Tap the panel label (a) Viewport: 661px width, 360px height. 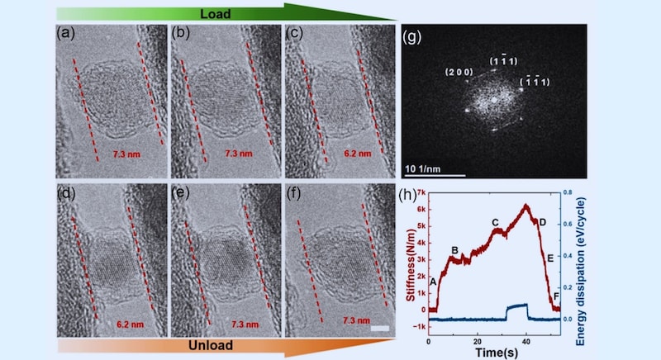point(68,35)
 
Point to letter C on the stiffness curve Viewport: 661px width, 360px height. point(495,222)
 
